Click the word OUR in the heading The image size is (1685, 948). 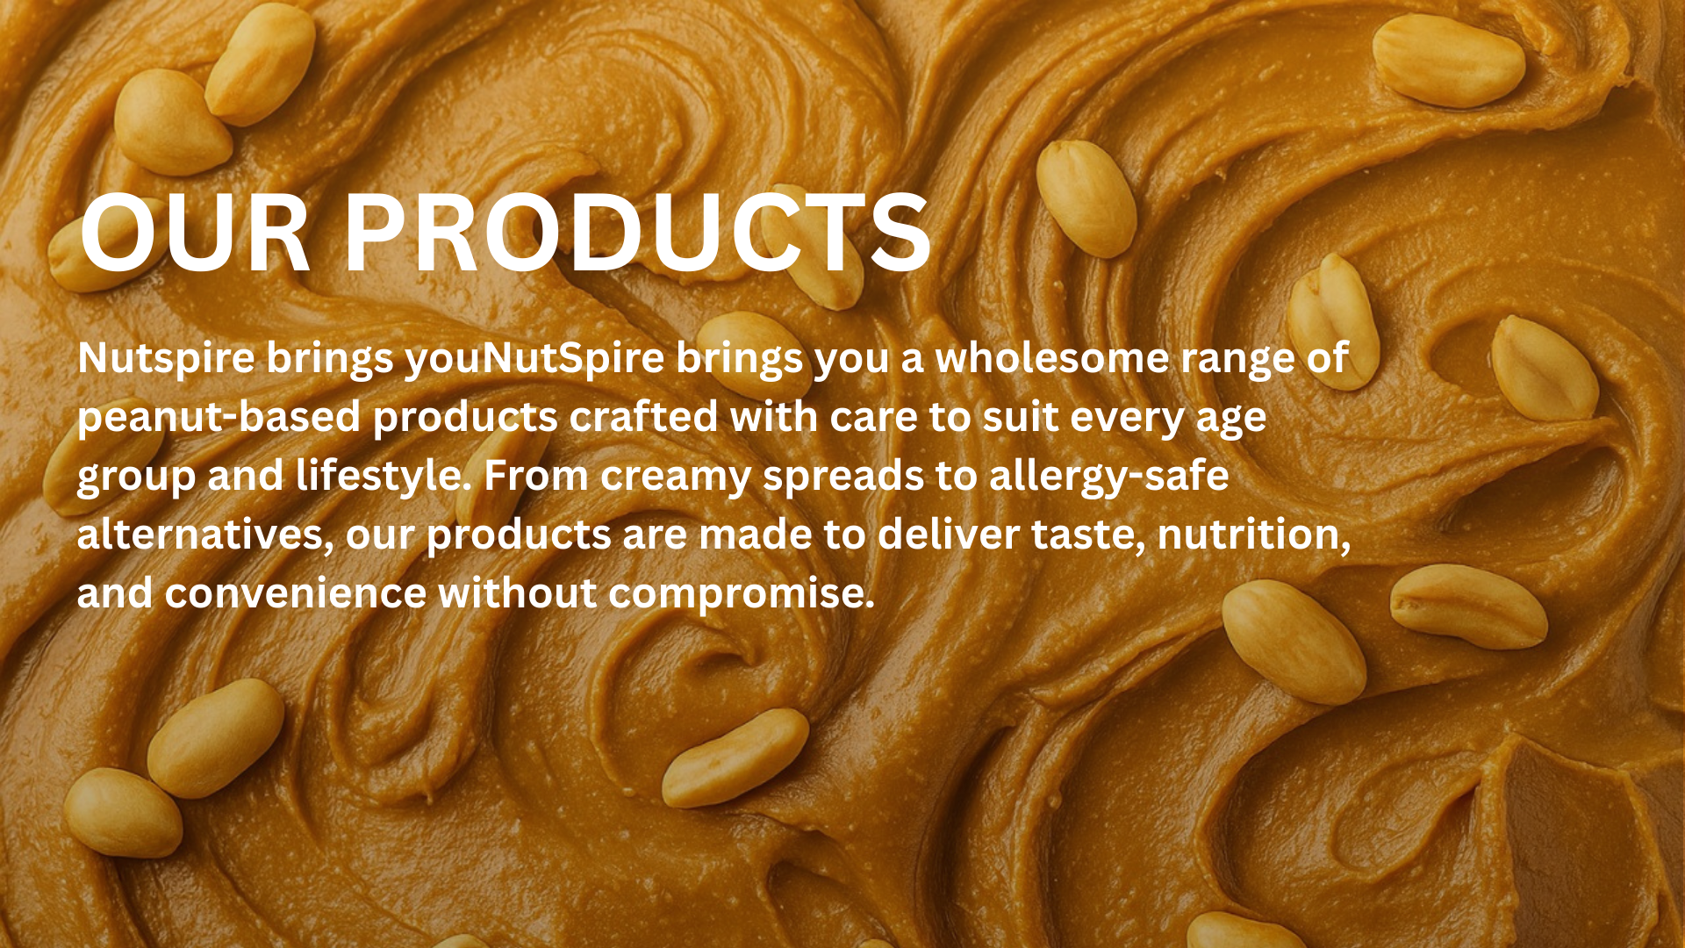pos(195,233)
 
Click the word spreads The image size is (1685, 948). pos(842,478)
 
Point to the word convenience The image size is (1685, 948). pos(295,593)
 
